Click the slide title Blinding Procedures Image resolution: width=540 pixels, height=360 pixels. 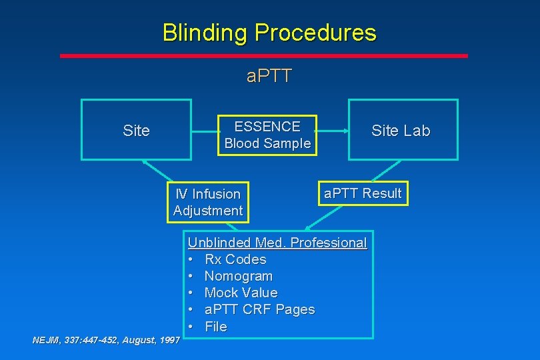pyautogui.click(x=269, y=32)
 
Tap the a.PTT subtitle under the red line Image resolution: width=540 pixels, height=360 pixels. pyautogui.click(x=269, y=76)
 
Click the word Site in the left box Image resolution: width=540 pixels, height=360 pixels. pyautogui.click(x=136, y=131)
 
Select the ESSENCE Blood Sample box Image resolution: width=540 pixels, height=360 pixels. pyautogui.click(x=267, y=135)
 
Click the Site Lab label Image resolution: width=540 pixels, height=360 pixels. pyautogui.click(x=401, y=131)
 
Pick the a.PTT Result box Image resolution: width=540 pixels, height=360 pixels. pyautogui.click(x=363, y=193)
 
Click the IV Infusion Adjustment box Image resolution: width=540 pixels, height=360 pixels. pyautogui.click(x=207, y=202)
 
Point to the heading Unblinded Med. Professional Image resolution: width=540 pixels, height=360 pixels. pyautogui.click(x=277, y=243)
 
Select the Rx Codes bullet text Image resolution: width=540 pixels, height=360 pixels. pyautogui.click(x=235, y=259)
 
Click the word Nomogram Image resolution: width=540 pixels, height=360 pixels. pyautogui.click(x=238, y=276)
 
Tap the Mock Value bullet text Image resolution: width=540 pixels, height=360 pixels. pyautogui.click(x=241, y=293)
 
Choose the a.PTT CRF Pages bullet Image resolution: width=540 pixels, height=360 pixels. pyautogui.click(x=259, y=309)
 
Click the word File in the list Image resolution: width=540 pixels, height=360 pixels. pyautogui.click(x=215, y=327)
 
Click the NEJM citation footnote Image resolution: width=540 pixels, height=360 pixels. pyautogui.click(x=106, y=340)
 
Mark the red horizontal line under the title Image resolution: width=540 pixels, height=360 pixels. pyautogui.click(x=264, y=56)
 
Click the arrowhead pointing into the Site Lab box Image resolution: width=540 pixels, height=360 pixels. pyautogui.click(x=346, y=131)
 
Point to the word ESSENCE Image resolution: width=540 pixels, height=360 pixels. pyautogui.click(x=267, y=127)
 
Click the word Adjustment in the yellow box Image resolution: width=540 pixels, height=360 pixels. pyautogui.click(x=207, y=211)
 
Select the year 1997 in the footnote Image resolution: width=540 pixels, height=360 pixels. pyautogui.click(x=169, y=340)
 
